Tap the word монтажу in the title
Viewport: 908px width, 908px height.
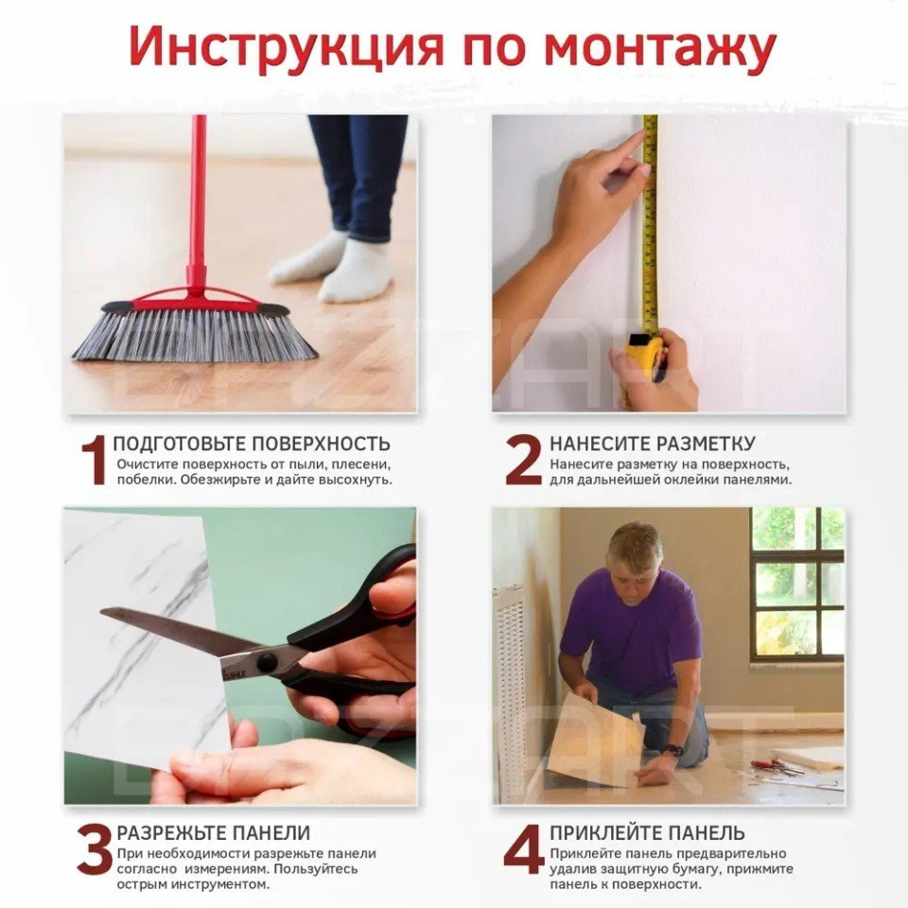[659, 48]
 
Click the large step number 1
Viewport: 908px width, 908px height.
[94, 461]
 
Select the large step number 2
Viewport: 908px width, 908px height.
[523, 461]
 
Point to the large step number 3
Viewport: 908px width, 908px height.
[95, 850]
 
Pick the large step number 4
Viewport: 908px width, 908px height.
[524, 850]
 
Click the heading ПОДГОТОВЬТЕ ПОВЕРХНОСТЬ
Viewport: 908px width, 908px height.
[252, 445]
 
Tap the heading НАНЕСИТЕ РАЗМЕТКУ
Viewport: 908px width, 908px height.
[653, 444]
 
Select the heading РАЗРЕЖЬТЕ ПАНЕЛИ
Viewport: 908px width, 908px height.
[214, 832]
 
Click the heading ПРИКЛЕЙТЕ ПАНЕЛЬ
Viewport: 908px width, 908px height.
[647, 832]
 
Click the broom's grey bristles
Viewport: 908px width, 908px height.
[194, 337]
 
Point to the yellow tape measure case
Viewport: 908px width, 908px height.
[644, 357]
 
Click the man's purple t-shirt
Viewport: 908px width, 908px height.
[631, 625]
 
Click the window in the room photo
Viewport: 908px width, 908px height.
[797, 585]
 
